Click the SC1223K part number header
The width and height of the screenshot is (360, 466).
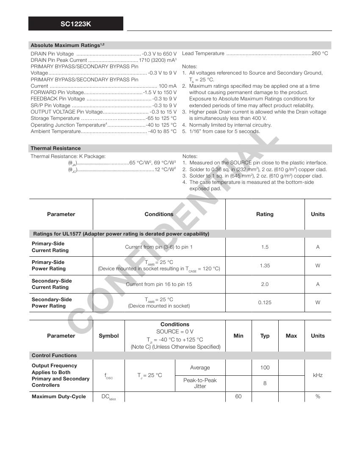point(76,24)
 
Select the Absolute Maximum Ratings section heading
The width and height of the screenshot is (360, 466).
point(67,45)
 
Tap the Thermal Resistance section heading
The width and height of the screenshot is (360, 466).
point(55,148)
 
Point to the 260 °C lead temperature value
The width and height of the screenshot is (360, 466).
point(320,53)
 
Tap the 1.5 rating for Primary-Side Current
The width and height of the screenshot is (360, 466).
point(265,247)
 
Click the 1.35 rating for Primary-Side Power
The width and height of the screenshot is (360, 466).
point(265,266)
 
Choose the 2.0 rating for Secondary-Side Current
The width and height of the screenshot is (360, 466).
point(265,284)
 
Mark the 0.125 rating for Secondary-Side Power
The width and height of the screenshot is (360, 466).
point(265,302)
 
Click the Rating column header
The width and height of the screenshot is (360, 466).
point(265,214)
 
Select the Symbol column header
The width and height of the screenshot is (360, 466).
point(109,336)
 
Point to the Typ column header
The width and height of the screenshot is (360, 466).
point(265,336)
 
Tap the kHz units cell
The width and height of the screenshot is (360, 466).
point(318,375)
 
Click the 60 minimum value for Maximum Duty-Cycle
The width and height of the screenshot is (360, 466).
point(238,397)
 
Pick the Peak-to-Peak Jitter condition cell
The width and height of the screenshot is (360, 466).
point(200,383)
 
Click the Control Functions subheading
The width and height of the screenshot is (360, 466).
point(54,355)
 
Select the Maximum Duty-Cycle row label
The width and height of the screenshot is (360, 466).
point(59,397)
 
